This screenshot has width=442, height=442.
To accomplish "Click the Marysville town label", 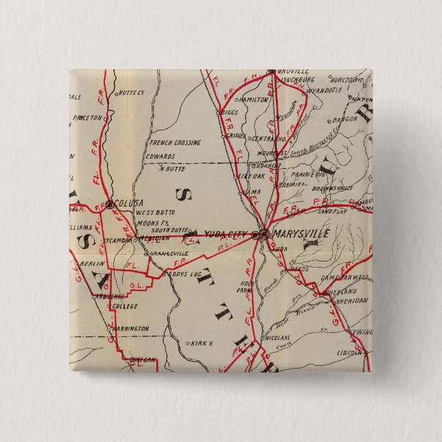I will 301,233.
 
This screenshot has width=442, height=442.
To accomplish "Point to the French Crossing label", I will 175,143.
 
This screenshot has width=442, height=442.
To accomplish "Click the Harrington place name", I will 130,329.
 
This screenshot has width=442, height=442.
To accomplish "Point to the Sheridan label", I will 353,300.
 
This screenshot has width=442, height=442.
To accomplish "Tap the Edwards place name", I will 159,156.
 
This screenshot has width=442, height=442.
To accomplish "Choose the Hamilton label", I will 254,100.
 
